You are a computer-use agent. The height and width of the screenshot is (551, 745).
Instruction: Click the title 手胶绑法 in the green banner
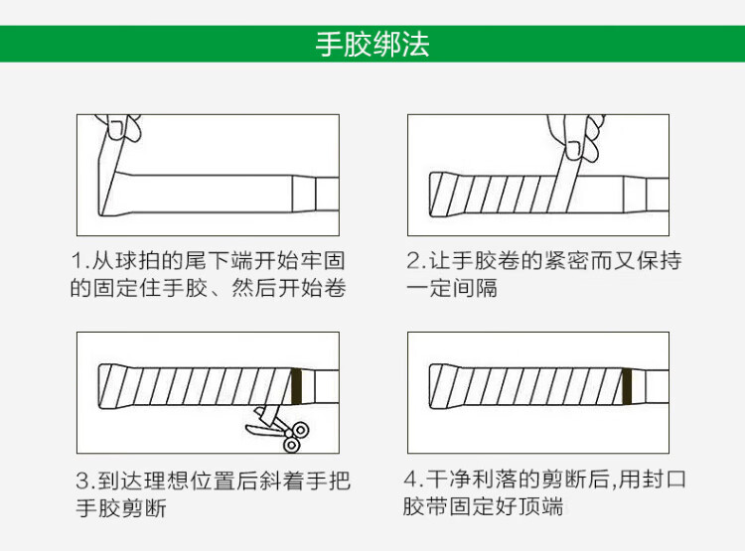372,44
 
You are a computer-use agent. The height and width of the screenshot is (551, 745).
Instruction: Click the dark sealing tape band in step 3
296,386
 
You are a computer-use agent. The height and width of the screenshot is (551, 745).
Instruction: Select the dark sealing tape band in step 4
627,386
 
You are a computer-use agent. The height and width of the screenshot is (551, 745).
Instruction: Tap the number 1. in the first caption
80,260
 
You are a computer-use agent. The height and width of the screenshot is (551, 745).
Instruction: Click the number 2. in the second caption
416,260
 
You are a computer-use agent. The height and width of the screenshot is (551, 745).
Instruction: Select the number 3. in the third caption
86,481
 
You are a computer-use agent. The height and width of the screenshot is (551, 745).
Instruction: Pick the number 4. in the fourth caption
413,479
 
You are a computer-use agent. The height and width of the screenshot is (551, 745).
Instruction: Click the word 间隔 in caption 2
475,288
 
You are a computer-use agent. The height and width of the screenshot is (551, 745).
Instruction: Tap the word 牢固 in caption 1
323,260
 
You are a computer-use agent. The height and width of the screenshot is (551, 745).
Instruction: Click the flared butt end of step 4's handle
439,386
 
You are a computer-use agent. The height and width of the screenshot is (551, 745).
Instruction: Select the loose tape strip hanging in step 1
109,177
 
